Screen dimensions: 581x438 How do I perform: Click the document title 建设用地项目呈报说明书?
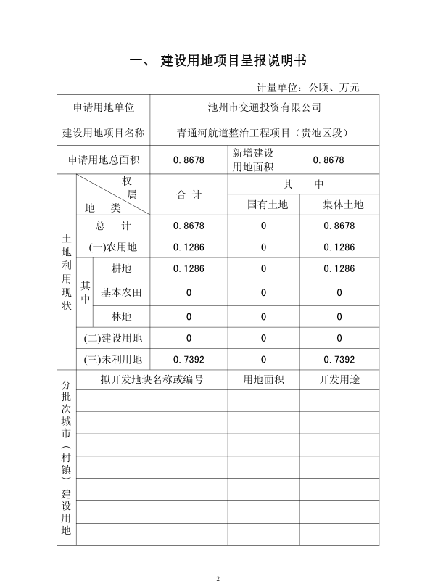239,59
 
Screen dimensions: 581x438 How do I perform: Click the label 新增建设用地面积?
253,160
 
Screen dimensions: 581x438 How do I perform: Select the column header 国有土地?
268,205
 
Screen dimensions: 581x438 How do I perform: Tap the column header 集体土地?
343,205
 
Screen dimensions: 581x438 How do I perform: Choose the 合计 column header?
189,194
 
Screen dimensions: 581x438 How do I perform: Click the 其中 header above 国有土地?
303,184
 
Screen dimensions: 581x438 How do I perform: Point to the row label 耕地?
122,268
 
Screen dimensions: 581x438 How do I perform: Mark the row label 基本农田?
122,293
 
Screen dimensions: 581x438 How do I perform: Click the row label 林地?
122,316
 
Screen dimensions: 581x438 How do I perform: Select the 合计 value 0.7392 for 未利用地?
189,359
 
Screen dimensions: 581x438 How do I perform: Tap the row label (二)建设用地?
113,337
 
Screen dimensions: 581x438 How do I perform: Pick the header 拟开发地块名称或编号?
152,379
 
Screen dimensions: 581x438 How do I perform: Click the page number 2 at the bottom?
218,559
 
